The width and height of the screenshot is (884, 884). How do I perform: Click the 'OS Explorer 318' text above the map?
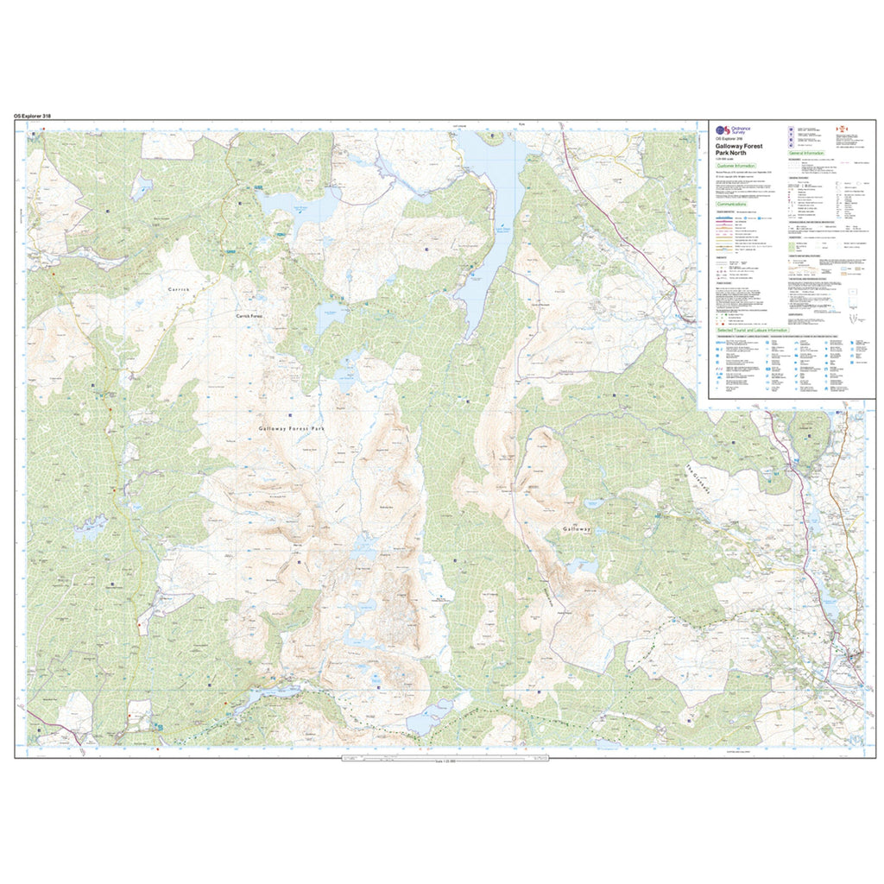pyautogui.click(x=36, y=115)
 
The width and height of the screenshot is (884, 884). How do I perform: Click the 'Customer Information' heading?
pyautogui.click(x=736, y=165)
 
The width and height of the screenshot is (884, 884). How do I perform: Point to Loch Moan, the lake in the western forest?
pyautogui.click(x=91, y=527)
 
